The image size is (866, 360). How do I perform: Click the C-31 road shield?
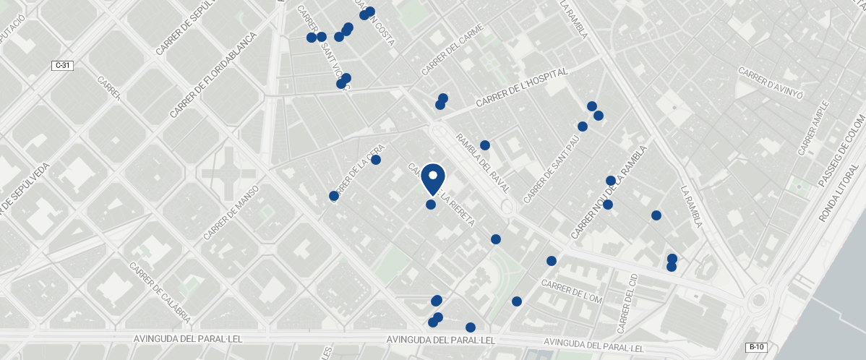[64, 66]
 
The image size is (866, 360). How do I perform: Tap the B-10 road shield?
[756, 347]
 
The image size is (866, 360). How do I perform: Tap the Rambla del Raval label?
[483, 163]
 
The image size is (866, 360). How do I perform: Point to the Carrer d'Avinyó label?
[771, 80]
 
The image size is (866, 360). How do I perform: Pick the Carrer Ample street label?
[813, 129]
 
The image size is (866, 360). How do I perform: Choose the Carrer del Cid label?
[627, 304]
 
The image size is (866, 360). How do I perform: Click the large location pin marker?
[432, 179]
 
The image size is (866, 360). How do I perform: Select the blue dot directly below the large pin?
[431, 205]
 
